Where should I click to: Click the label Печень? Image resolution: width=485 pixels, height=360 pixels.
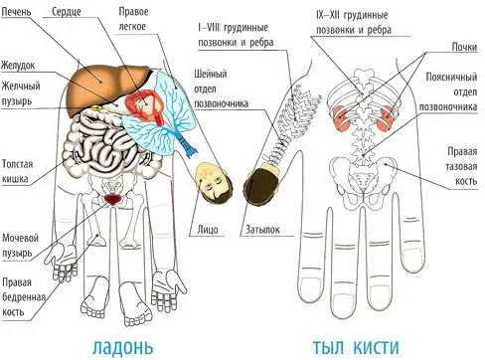pyautogui.click(x=17, y=12)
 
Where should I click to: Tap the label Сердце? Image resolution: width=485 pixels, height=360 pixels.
pyautogui.click(x=67, y=12)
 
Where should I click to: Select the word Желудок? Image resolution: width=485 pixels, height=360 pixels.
pyautogui.click(x=18, y=66)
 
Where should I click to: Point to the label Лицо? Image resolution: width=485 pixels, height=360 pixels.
pyautogui.click(x=208, y=230)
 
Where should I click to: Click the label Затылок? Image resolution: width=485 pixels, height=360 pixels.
pyautogui.click(x=262, y=230)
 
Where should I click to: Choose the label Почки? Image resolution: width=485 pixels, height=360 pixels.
pyautogui.click(x=464, y=47)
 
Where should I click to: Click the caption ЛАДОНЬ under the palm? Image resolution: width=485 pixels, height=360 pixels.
pyautogui.click(x=122, y=347)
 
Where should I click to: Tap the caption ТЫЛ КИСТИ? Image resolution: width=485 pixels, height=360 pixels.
pyautogui.click(x=356, y=347)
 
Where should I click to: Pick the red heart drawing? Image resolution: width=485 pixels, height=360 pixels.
pyautogui.click(x=145, y=105)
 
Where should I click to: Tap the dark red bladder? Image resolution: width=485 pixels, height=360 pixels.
pyautogui.click(x=113, y=199)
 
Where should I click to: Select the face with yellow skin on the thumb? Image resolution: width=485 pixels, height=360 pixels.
pyautogui.click(x=211, y=182)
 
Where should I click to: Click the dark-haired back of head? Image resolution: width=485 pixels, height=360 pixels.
pyautogui.click(x=262, y=183)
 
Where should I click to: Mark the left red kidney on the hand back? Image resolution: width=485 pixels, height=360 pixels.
pyautogui.click(x=340, y=117)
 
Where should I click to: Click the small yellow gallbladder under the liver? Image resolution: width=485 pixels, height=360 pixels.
pyautogui.click(x=96, y=107)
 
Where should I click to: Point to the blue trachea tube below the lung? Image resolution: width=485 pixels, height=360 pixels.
pyautogui.click(x=184, y=142)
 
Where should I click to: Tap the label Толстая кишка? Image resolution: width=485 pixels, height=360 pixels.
pyautogui.click(x=18, y=171)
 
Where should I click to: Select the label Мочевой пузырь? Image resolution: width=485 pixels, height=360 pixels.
pyautogui.click(x=20, y=245)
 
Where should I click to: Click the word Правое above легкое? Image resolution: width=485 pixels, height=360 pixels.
pyautogui.click(x=133, y=12)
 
